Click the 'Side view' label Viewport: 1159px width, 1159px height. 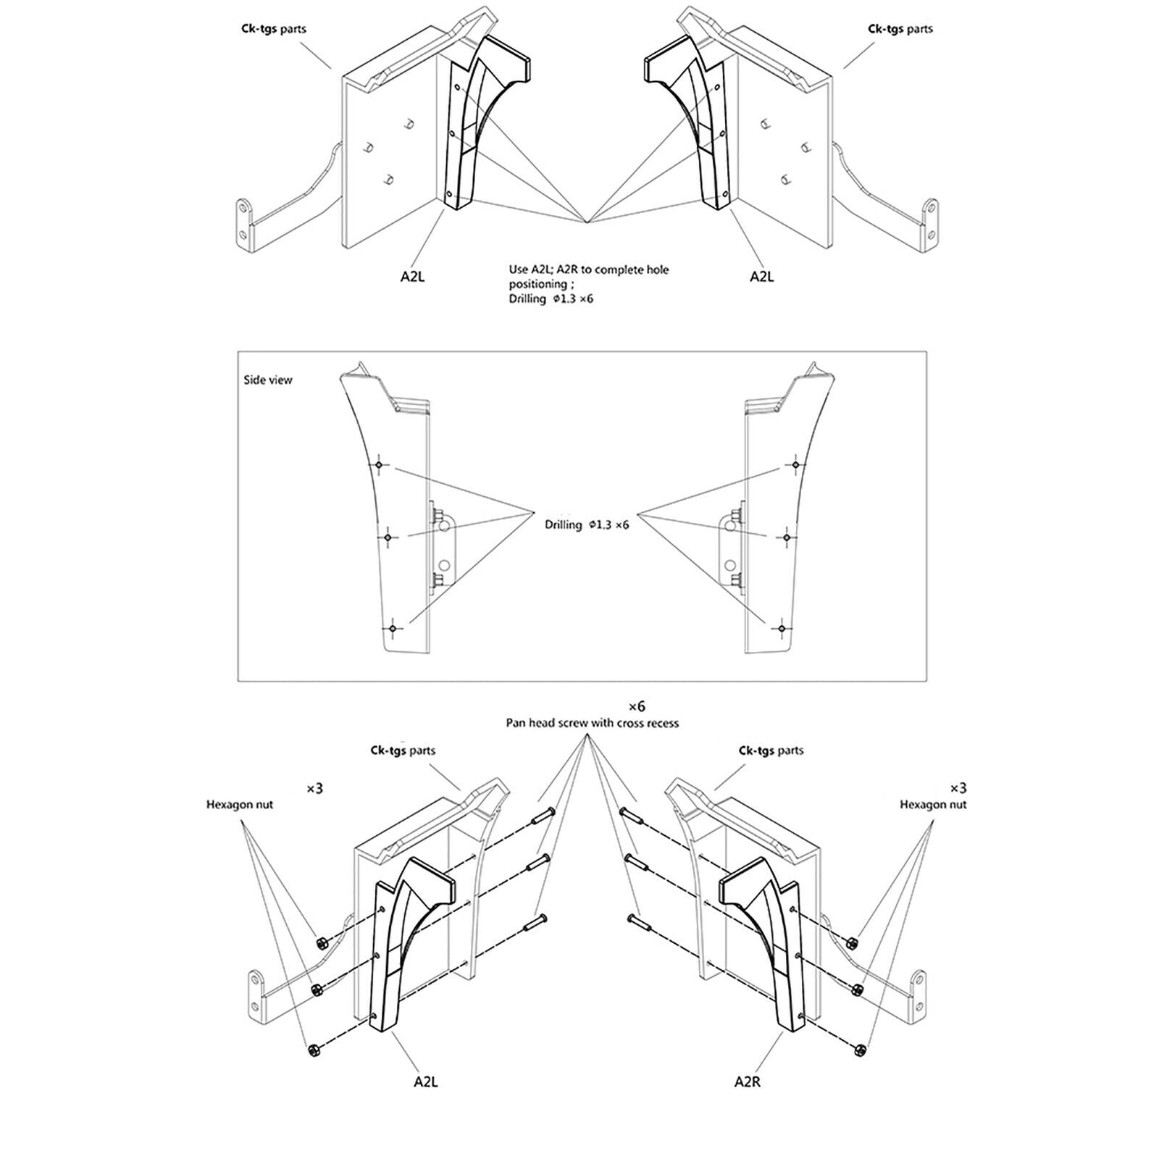(x=268, y=380)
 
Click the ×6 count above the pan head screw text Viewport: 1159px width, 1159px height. (x=636, y=706)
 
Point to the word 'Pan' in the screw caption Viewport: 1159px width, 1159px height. (x=515, y=722)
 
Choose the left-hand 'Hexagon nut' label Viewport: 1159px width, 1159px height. (x=240, y=804)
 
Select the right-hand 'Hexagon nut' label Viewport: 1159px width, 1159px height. (x=933, y=804)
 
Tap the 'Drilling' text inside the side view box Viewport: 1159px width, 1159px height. (x=564, y=524)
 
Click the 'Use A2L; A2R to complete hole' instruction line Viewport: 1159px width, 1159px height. (x=588, y=270)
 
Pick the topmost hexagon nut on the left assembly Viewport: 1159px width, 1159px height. (x=321, y=942)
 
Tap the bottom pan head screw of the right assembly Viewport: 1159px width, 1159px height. (x=639, y=922)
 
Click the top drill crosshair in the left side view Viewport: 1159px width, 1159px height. (x=379, y=464)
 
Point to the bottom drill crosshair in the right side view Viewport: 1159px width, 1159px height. (x=781, y=628)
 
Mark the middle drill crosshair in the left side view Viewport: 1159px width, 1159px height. (x=388, y=537)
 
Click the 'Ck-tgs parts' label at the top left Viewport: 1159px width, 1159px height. (x=274, y=29)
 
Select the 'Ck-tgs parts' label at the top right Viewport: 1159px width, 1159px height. (x=900, y=29)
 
